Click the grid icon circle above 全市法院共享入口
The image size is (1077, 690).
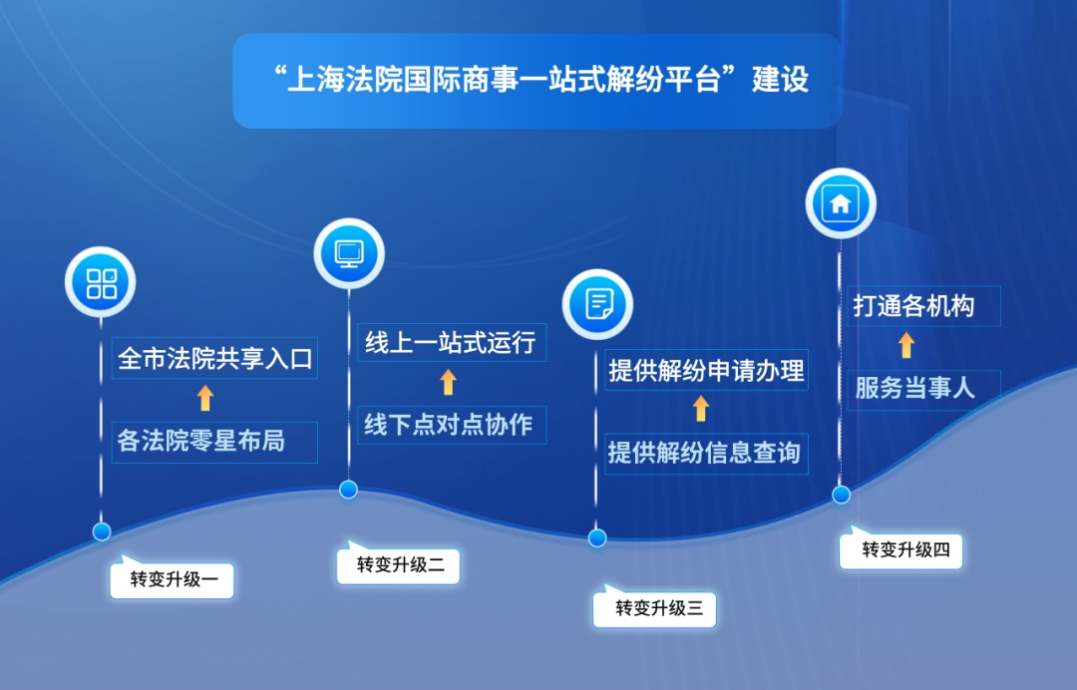click(101, 282)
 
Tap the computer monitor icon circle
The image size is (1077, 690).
click(349, 253)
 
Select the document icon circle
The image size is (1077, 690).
click(597, 304)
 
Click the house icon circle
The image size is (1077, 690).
click(841, 203)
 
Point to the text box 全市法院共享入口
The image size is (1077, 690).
click(214, 358)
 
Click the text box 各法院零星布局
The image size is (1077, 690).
click(214, 442)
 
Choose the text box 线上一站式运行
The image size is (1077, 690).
click(452, 343)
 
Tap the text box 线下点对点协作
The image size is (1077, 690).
click(452, 425)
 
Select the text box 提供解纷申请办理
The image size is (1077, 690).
click(706, 371)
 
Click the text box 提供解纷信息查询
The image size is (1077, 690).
click(706, 453)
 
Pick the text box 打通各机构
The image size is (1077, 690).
click(923, 306)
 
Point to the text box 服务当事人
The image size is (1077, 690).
click(923, 390)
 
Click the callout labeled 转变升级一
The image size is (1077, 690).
click(172, 578)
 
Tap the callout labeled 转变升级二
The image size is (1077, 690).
click(398, 563)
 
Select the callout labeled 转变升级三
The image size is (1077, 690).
click(654, 607)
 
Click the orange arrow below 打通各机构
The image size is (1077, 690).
click(906, 345)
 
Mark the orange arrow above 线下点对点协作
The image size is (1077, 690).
click(448, 382)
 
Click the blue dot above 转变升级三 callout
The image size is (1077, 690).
click(597, 538)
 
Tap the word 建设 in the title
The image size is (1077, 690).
click(780, 79)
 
